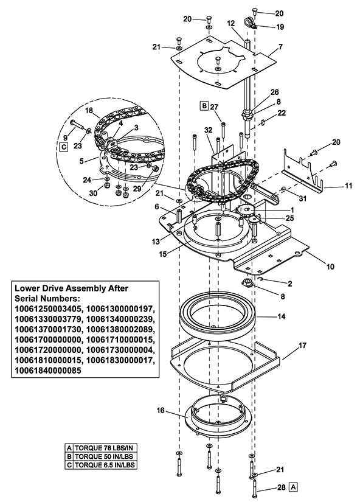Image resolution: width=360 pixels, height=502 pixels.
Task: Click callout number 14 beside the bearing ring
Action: [282, 316]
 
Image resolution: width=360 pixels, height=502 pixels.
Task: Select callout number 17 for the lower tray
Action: [302, 346]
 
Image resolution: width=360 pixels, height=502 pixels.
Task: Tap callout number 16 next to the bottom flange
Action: [161, 411]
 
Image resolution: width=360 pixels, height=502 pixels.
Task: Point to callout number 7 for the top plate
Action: [280, 47]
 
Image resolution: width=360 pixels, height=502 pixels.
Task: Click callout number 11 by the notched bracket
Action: [348, 186]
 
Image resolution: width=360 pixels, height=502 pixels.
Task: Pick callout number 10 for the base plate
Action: [330, 267]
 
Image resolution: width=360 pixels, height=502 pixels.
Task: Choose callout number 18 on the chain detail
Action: [89, 111]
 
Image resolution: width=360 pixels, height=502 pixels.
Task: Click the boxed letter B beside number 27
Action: [204, 106]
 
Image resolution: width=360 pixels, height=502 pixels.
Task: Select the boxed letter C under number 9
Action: [64, 147]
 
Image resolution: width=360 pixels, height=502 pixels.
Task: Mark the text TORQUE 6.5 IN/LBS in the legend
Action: [105, 465]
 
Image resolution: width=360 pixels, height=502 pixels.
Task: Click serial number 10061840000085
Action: [47, 371]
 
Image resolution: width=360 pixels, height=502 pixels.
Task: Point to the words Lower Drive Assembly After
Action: [71, 288]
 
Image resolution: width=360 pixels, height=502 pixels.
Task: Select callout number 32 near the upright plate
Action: [209, 130]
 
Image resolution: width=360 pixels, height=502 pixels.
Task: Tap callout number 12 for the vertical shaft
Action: [231, 23]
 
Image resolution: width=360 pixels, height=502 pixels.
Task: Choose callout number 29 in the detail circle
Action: [137, 189]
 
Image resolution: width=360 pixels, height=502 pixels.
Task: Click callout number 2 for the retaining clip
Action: [290, 284]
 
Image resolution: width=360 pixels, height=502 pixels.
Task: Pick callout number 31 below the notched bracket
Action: [302, 198]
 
